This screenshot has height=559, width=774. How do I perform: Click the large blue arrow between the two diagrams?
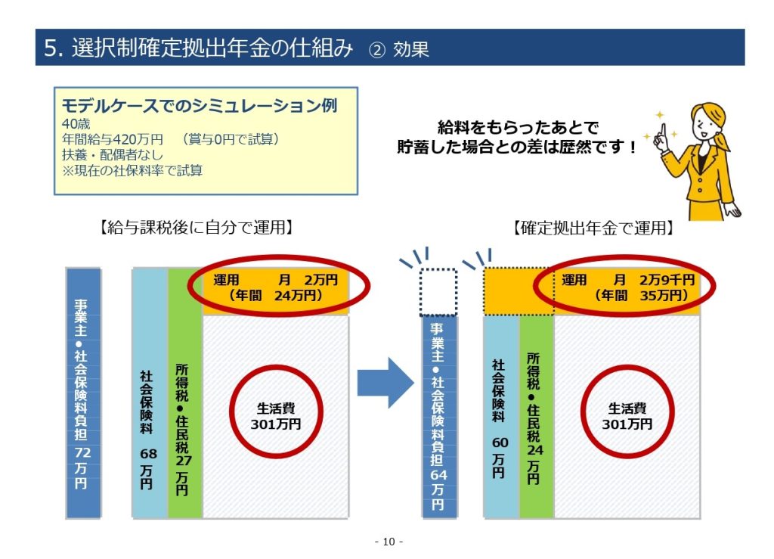(385, 383)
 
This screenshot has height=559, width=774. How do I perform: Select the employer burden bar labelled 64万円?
(438, 416)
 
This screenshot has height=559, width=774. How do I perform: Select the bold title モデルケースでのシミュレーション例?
(199, 105)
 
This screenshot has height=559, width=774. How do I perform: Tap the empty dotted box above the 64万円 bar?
(438, 291)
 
